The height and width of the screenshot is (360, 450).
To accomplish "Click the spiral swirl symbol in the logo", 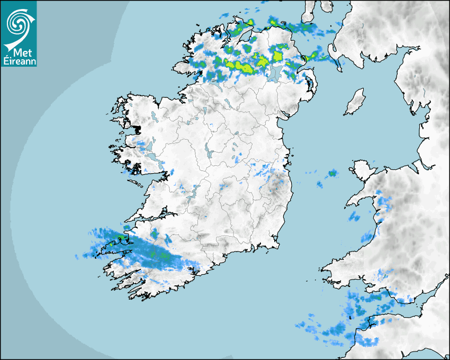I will pos(17,23).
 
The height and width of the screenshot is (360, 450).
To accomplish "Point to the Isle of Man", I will pos(355,102).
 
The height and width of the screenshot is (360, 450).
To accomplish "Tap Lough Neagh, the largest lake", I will pos(274,73).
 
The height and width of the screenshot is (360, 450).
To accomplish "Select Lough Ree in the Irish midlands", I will pos(208,151).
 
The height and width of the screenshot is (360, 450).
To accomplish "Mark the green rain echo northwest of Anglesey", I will pos(332,173).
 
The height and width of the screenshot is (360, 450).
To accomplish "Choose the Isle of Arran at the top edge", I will pos(311,8).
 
